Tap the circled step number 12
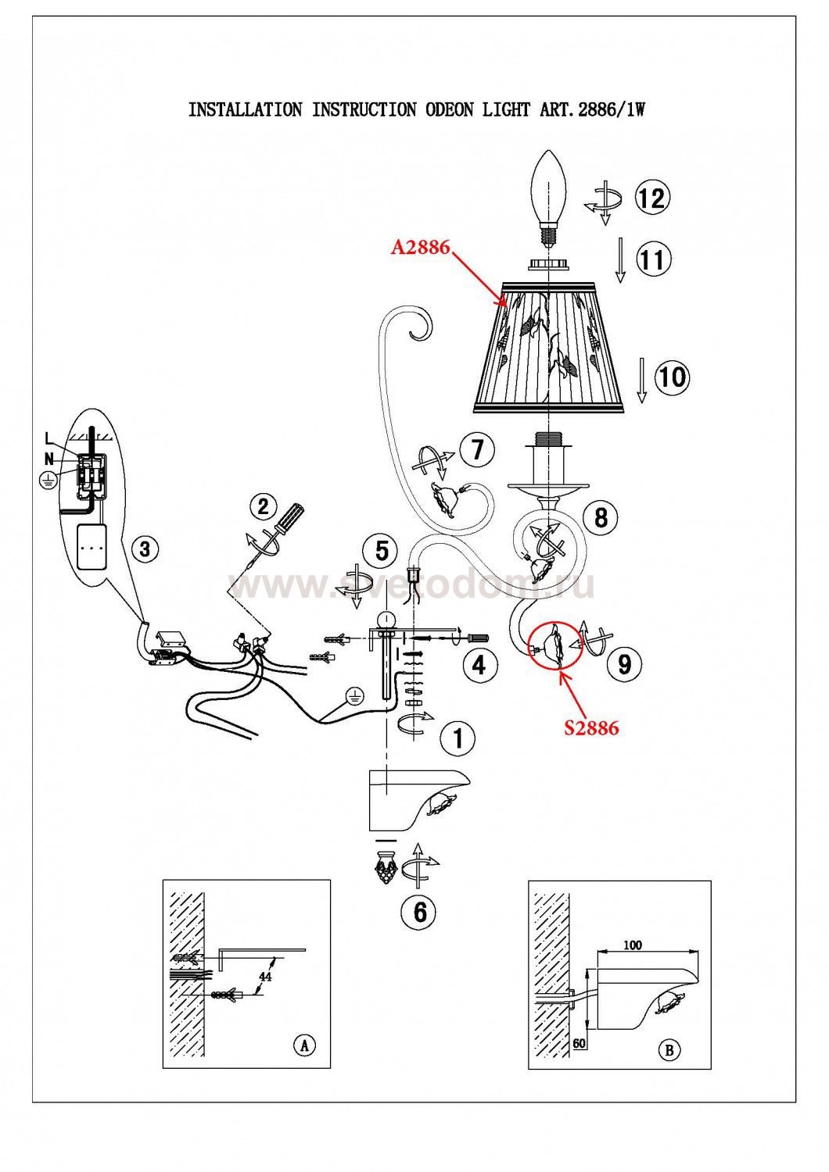(651, 198)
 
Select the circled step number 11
(652, 259)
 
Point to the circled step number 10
(671, 377)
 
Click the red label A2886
(420, 248)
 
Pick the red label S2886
(591, 728)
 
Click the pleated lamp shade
(548, 348)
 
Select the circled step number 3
(144, 548)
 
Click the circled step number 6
(420, 911)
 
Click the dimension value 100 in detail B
(633, 945)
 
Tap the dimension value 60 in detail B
(580, 1043)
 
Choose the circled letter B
(669, 1051)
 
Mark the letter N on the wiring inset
(48, 459)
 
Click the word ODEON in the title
(448, 110)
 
